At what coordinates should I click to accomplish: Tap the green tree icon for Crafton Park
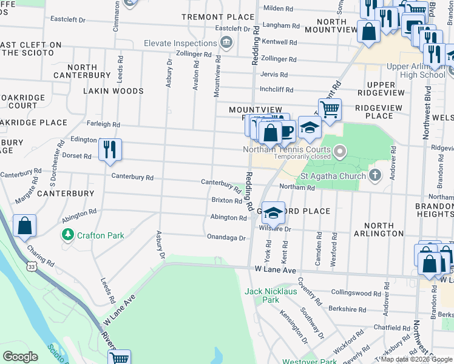coord(67,234)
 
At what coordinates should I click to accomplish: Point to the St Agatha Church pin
coord(376,176)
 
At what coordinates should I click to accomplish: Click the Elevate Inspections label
coord(181,43)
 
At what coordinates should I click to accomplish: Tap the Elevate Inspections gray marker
coord(226,42)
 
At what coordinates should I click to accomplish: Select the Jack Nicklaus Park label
coord(270,295)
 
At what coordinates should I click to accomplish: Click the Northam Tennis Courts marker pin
coord(340,149)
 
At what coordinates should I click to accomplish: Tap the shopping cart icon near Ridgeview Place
coord(330,110)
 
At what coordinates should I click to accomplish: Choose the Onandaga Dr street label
coord(226,238)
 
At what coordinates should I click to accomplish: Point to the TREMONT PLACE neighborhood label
coord(217,16)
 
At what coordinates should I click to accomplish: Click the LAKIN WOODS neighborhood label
coord(114,91)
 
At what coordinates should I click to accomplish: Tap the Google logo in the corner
coord(20,357)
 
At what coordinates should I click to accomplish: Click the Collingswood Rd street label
coord(356,292)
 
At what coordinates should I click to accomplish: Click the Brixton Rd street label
coord(226,200)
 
